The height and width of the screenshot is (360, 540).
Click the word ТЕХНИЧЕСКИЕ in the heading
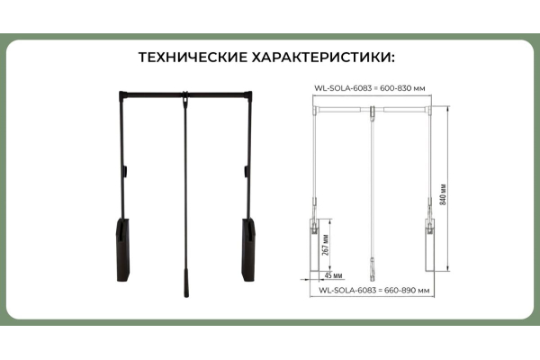[x=193, y=58]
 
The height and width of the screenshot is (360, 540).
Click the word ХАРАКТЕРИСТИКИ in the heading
[x=323, y=58]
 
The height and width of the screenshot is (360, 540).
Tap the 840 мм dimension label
[x=443, y=194]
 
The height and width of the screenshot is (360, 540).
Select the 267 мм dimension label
[x=326, y=245]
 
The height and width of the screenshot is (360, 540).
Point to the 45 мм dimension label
[x=333, y=275]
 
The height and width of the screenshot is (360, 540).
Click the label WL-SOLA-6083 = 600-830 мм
[x=370, y=88]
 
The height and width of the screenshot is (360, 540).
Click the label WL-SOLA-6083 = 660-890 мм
[x=374, y=290]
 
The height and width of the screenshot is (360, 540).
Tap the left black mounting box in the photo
[x=123, y=250]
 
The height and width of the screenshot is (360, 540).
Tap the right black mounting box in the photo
[x=248, y=250]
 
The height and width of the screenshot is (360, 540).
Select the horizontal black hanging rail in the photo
[x=185, y=94]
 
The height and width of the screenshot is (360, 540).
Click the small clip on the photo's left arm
[x=125, y=171]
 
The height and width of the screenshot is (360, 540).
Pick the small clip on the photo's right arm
[x=247, y=171]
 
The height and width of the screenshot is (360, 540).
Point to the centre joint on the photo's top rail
[x=185, y=97]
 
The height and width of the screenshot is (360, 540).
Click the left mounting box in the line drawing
[x=315, y=245]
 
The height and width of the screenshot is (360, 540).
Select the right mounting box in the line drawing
[x=430, y=245]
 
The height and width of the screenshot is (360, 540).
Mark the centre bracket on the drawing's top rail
[x=373, y=112]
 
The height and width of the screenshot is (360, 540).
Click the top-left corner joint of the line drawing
[x=315, y=110]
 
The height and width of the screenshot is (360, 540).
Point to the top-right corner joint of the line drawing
[x=429, y=110]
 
